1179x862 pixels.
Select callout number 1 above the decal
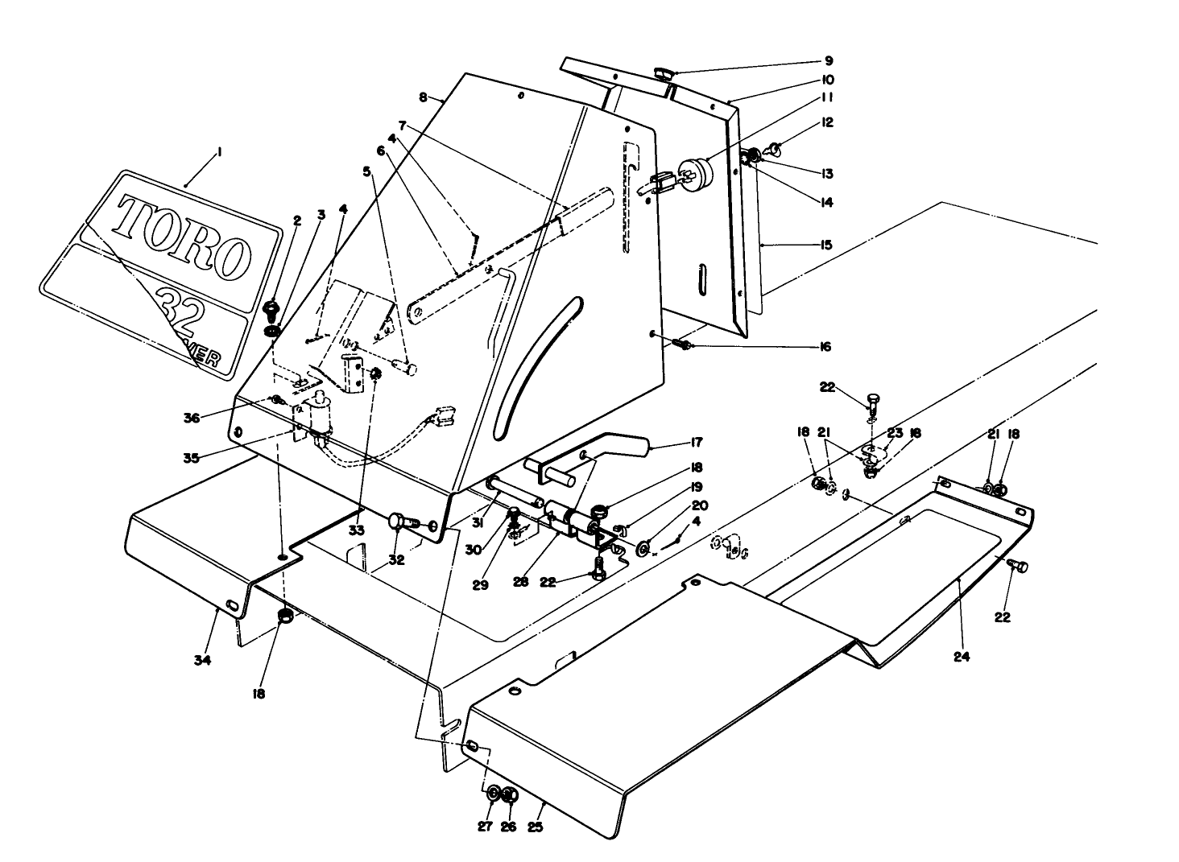tap(219, 151)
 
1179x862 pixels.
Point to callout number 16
tap(825, 347)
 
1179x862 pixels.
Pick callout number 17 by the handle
tap(696, 442)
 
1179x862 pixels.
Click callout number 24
tap(961, 656)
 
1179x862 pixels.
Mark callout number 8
tap(423, 97)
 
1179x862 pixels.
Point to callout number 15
tap(825, 245)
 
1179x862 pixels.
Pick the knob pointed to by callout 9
tap(664, 75)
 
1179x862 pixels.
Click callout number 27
tap(485, 827)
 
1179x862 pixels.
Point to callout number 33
tap(357, 530)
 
